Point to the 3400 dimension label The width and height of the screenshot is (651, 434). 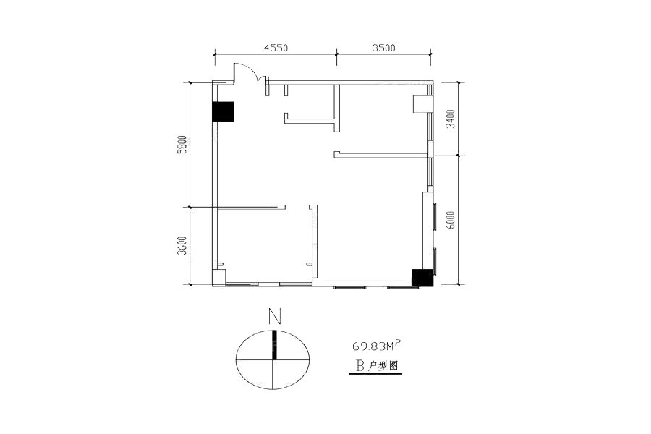451,119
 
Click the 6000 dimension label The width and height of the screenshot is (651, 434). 451,220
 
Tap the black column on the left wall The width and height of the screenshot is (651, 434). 223,111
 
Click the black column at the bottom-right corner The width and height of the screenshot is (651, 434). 422,278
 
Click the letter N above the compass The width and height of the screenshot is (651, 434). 274,317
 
